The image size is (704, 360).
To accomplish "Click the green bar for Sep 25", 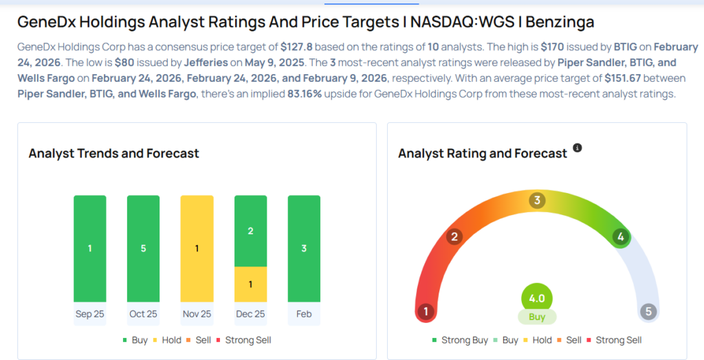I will tap(90, 248).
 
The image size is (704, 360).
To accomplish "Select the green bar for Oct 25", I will tap(143, 248).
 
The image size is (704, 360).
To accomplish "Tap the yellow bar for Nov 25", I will tap(197, 248).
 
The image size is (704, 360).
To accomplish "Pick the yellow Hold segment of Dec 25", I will tap(250, 284).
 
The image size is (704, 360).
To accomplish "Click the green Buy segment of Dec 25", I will tap(250, 231).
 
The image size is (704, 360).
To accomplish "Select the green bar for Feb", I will tap(304, 248).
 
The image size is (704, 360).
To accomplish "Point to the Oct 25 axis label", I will tap(143, 314).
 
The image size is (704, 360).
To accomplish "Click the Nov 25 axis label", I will tap(197, 314).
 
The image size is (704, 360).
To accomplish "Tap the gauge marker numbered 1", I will tap(426, 312).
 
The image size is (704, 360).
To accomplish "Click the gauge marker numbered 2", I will tap(453, 237).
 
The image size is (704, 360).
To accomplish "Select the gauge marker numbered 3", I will tap(537, 201).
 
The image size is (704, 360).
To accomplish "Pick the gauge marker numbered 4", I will tap(621, 237).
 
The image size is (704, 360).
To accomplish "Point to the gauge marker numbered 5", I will tap(648, 312).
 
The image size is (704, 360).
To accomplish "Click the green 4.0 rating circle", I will tap(537, 299).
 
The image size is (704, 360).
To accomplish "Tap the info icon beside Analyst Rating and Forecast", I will tap(577, 148).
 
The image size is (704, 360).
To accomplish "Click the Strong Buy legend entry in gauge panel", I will tap(460, 340).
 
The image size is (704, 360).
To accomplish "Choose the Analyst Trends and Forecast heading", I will tap(113, 153).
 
